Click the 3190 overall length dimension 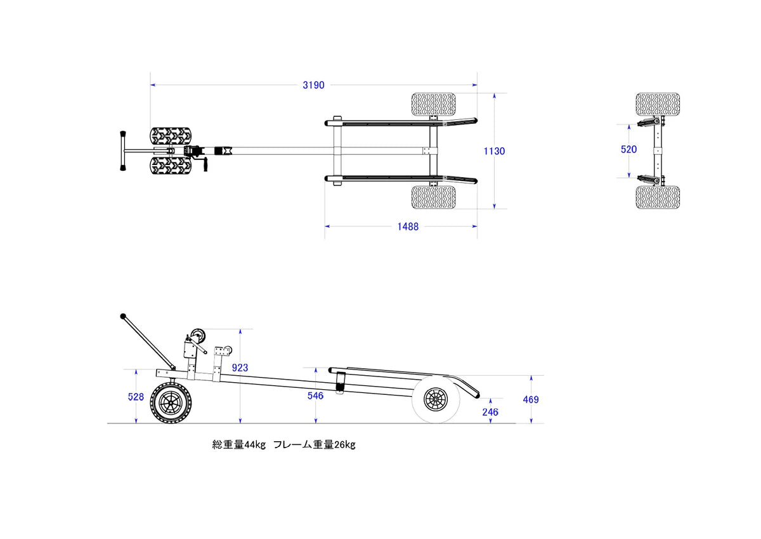click(x=313, y=85)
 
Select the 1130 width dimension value click(x=494, y=151)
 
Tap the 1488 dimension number click(x=408, y=227)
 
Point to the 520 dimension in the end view click(x=629, y=149)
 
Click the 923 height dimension click(x=240, y=368)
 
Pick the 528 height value click(x=136, y=397)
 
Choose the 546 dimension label click(x=315, y=396)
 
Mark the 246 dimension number click(x=490, y=412)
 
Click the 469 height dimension click(x=531, y=399)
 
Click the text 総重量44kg click(x=238, y=444)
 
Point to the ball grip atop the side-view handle click(x=122, y=316)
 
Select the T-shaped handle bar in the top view click(x=120, y=151)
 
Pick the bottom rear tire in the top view click(x=434, y=197)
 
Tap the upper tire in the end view click(x=658, y=104)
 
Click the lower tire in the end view click(x=658, y=197)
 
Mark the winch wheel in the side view click(x=198, y=336)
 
